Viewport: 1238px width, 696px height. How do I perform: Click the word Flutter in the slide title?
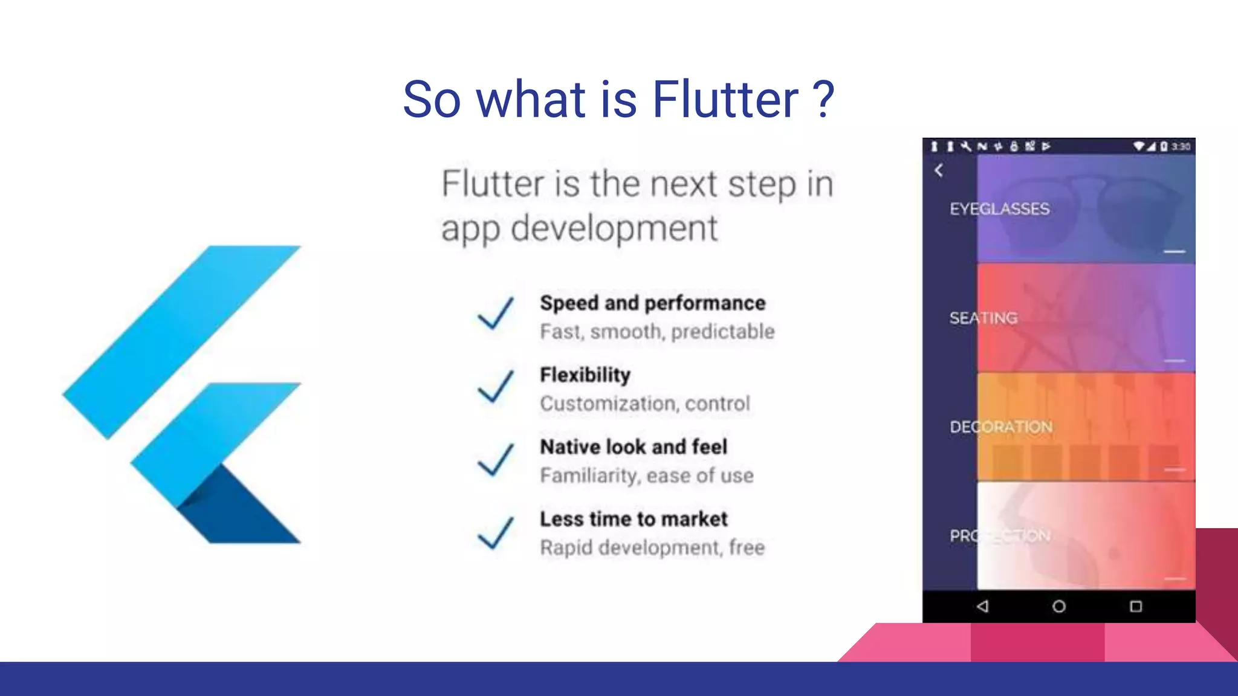(x=725, y=100)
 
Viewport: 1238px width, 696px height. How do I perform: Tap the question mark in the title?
(x=823, y=100)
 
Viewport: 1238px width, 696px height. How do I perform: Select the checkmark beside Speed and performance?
(x=496, y=313)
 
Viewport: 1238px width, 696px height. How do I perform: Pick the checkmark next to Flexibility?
(x=496, y=386)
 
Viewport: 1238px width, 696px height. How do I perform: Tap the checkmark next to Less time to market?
(x=496, y=532)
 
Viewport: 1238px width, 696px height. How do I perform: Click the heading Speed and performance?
(x=652, y=303)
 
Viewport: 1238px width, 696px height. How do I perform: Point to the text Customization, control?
(x=645, y=404)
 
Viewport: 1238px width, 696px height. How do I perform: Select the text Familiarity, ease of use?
(x=647, y=476)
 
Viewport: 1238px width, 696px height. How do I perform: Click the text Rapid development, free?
(x=652, y=548)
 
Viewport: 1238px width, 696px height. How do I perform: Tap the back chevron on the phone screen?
(x=939, y=170)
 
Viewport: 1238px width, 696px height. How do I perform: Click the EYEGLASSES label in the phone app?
(x=999, y=209)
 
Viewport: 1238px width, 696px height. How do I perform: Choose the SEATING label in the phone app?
(x=984, y=318)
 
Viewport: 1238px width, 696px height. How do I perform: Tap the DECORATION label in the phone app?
(x=1001, y=427)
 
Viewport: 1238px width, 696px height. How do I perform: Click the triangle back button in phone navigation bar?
(x=983, y=606)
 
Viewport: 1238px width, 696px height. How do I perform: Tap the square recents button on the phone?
(x=1136, y=606)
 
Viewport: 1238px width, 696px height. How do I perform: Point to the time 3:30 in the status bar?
(x=1181, y=146)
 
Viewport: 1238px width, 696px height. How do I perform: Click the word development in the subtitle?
(x=614, y=229)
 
